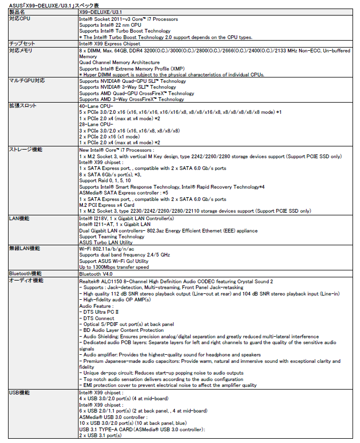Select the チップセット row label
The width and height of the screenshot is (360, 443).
tap(22, 44)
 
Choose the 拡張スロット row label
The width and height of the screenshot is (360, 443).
tap(23, 106)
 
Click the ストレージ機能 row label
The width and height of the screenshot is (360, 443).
tap(26, 149)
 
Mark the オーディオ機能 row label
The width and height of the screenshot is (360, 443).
tap(26, 280)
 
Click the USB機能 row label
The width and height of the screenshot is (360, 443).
tap(20, 393)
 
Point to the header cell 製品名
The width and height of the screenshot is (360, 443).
tap(17, 11)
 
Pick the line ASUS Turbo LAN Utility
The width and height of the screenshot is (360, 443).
tap(106, 243)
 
